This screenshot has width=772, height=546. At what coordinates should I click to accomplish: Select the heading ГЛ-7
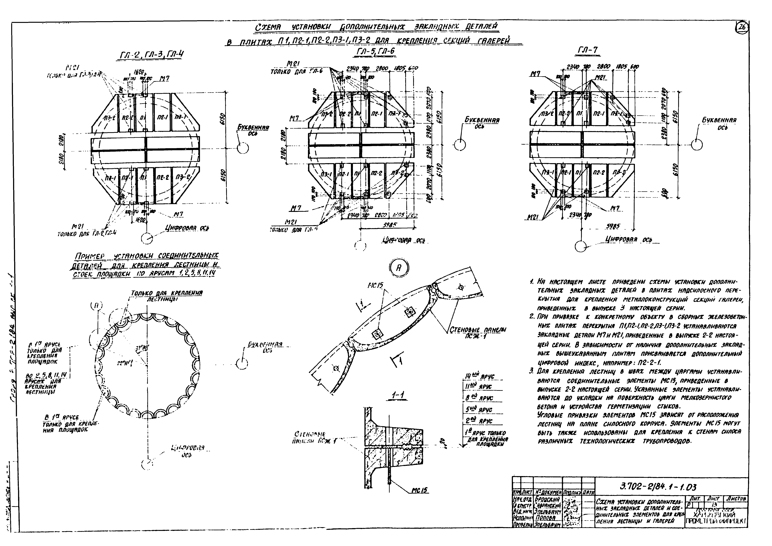point(587,50)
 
